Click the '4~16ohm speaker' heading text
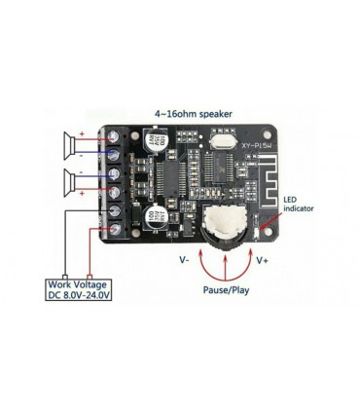193,112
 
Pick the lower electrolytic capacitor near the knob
154,216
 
